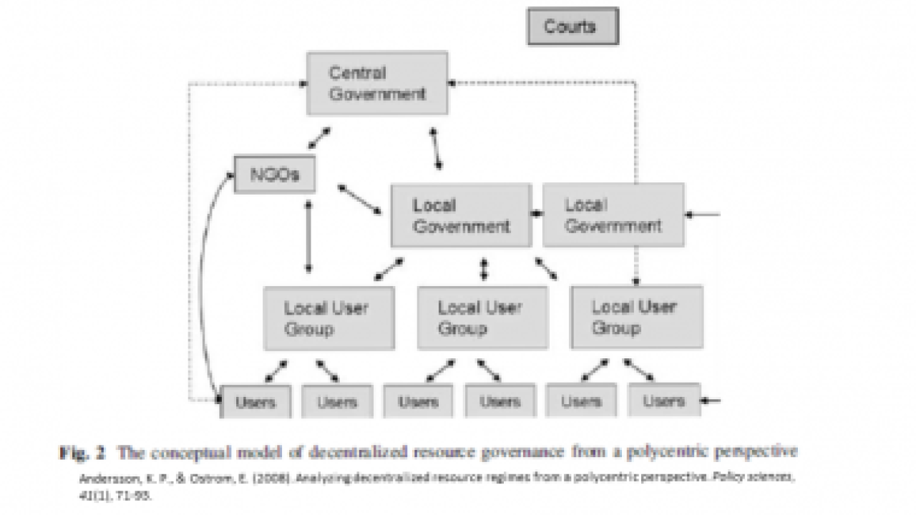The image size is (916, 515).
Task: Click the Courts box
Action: click(572, 27)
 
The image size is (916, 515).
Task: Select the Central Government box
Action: click(377, 83)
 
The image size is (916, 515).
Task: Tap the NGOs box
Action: click(275, 175)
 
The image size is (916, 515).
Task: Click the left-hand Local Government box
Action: click(461, 215)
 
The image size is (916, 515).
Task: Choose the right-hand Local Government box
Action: click(613, 215)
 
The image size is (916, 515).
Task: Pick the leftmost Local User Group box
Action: click(328, 318)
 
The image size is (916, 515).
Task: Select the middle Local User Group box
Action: click(482, 318)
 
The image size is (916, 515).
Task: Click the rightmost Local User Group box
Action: click(635, 318)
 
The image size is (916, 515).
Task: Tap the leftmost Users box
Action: click(255, 401)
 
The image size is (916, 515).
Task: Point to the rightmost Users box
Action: click(663, 401)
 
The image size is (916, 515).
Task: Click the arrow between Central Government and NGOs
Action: click(319, 138)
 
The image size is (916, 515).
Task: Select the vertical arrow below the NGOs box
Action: click(308, 237)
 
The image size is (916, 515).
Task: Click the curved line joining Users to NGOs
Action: click(206, 286)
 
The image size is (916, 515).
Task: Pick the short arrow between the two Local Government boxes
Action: click(537, 213)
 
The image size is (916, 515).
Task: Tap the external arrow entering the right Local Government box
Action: click(703, 213)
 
